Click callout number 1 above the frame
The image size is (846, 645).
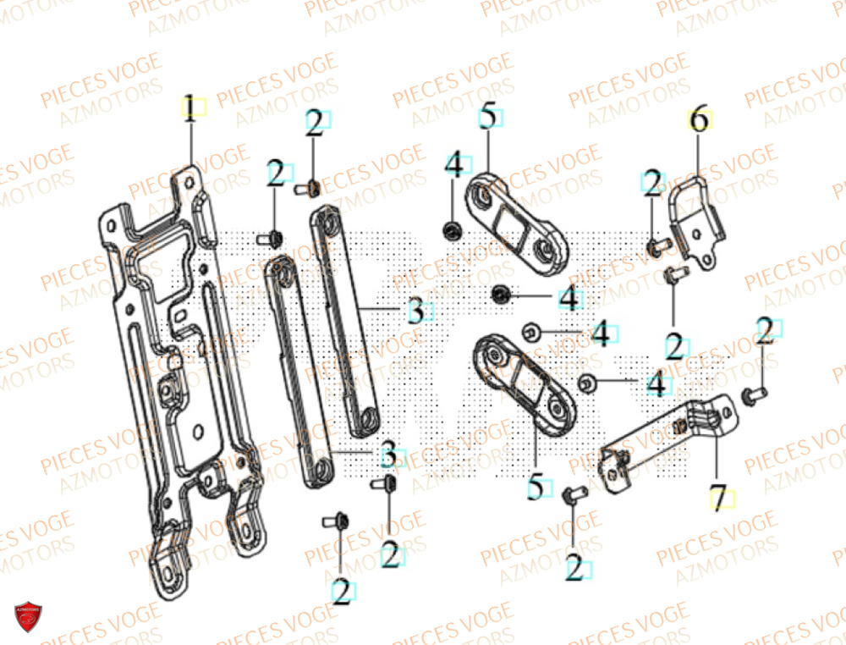(x=191, y=108)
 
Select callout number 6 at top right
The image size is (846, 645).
(x=699, y=120)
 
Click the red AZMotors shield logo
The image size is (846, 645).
(x=28, y=615)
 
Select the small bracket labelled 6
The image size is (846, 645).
(x=698, y=220)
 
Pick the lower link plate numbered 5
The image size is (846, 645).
(x=517, y=381)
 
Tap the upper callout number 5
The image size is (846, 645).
(x=487, y=116)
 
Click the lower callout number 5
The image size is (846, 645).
(x=535, y=488)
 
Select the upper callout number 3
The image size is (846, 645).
(x=415, y=311)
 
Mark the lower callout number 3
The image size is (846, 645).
(x=387, y=454)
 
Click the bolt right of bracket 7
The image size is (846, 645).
(x=752, y=394)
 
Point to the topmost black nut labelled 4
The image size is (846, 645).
(x=453, y=229)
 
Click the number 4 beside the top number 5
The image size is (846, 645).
(x=454, y=165)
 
